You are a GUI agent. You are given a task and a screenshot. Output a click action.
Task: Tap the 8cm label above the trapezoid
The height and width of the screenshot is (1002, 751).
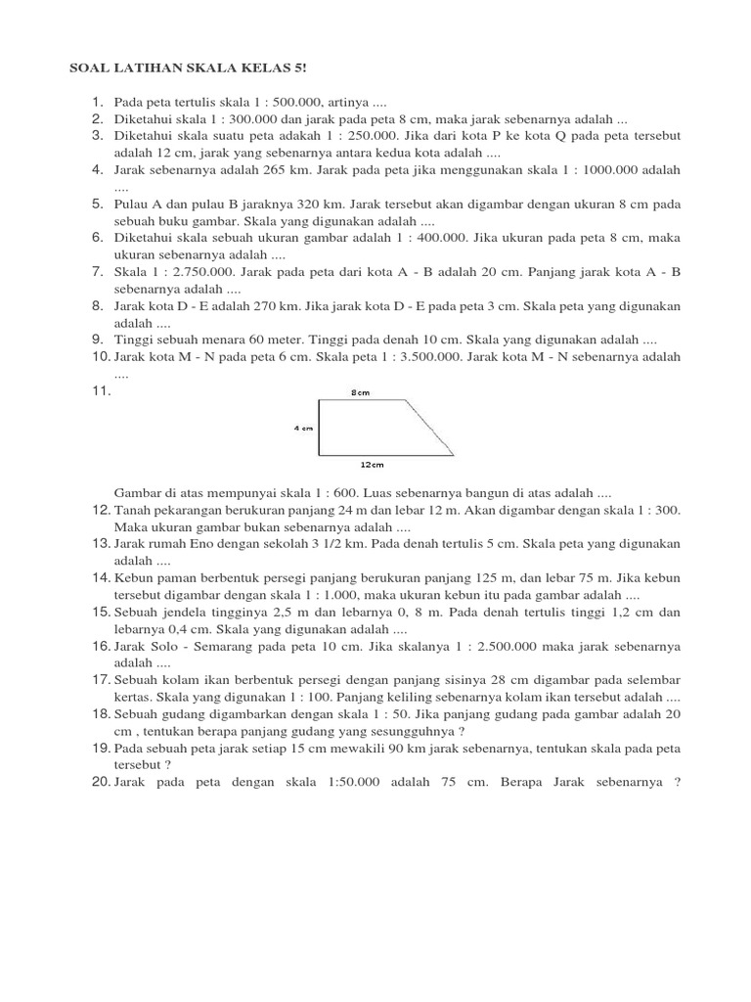(x=360, y=392)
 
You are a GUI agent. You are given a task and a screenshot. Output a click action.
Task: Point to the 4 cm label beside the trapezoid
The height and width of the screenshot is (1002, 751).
(x=302, y=428)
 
